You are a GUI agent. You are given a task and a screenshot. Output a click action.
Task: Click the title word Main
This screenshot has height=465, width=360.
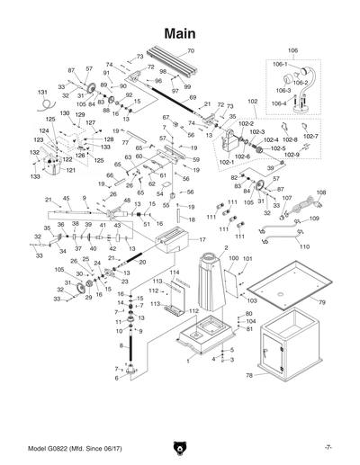tap(180, 31)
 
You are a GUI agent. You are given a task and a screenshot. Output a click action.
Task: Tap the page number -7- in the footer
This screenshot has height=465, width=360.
tap(329, 447)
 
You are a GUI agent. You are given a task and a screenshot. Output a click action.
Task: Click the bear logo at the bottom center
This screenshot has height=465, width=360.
tap(180, 447)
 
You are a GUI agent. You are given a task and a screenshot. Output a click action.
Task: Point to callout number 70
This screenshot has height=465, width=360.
tap(190, 51)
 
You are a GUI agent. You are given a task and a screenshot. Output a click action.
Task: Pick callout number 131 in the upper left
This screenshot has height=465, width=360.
tap(41, 93)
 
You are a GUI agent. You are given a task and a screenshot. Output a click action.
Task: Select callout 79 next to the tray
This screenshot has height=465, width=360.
tap(321, 303)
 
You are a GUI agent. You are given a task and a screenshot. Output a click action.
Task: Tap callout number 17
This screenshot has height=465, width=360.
tap(202, 240)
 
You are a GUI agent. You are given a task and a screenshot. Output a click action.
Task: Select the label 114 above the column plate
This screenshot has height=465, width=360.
tap(175, 272)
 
